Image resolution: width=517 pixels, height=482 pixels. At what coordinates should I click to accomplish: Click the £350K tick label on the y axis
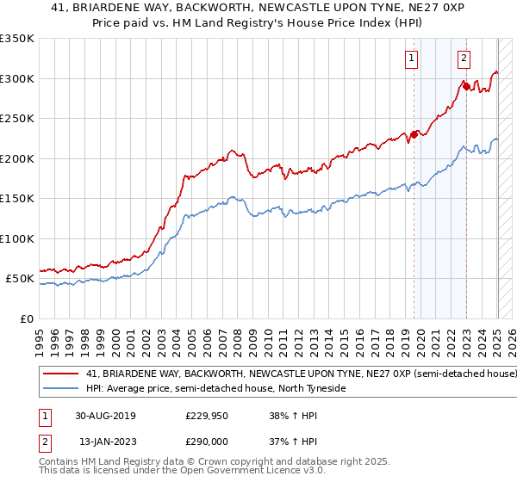click(17, 39)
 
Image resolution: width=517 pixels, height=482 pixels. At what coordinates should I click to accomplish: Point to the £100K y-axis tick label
click(17, 238)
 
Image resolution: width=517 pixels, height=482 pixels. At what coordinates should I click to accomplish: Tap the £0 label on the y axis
click(27, 318)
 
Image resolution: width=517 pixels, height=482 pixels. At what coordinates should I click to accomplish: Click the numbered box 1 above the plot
click(411, 59)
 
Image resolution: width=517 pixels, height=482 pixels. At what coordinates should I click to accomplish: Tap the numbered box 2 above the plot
click(464, 59)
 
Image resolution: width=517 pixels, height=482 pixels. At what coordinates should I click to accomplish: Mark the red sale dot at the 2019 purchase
click(414, 134)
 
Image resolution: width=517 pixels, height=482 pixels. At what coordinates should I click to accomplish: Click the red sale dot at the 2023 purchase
click(466, 86)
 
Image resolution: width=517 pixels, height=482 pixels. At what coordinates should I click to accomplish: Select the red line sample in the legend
click(60, 374)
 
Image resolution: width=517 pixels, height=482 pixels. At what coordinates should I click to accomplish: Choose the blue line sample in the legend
click(60, 389)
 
